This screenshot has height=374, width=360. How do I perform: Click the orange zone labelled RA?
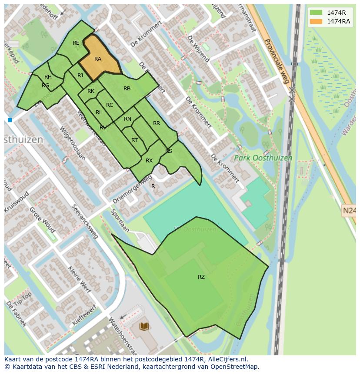click(x=98, y=59)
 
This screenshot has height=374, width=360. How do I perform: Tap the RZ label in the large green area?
click(x=201, y=277)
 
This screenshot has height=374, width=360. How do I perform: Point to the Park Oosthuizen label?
click(x=263, y=158)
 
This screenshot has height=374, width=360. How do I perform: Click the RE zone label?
click(x=76, y=43)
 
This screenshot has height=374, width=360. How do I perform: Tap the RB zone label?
click(x=127, y=89)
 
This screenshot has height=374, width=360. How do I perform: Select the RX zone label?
click(x=149, y=161)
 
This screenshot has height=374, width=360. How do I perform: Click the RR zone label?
click(x=157, y=123)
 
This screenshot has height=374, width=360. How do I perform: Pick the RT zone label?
click(x=134, y=140)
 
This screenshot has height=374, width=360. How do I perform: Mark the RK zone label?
click(x=91, y=91)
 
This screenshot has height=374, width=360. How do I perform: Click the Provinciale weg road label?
click(x=277, y=61)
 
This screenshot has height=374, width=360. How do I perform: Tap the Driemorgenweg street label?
click(x=132, y=190)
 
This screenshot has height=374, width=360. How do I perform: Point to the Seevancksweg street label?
click(x=85, y=222)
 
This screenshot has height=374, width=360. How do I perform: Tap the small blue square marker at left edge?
click(x=10, y=120)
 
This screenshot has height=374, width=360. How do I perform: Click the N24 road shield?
click(x=349, y=211)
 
